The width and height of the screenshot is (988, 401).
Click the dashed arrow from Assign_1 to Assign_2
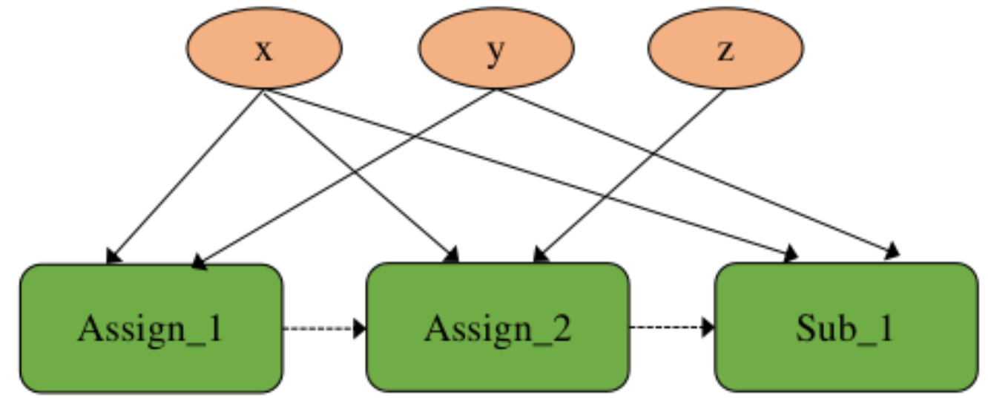(x=323, y=327)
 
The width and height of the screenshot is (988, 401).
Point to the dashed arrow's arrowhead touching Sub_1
(x=708, y=327)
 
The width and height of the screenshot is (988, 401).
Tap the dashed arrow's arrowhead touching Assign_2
(x=360, y=327)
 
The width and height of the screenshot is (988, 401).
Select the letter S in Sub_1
(x=806, y=327)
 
